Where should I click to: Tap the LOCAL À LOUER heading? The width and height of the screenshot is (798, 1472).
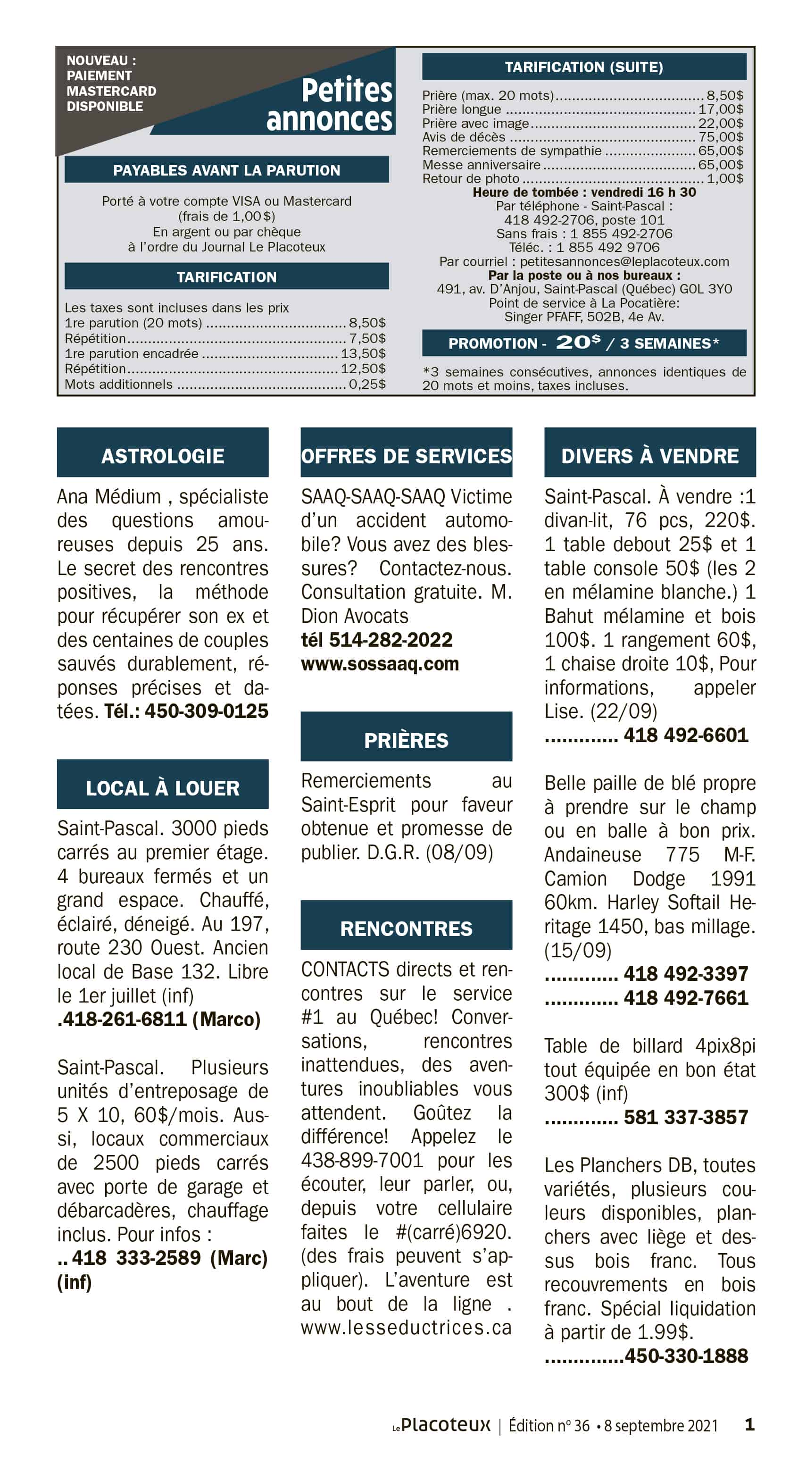click(x=163, y=787)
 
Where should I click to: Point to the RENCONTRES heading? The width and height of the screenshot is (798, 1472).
click(x=406, y=928)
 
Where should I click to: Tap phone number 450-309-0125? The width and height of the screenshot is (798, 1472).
click(x=206, y=711)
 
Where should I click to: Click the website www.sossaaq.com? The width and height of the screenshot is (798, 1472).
click(x=380, y=663)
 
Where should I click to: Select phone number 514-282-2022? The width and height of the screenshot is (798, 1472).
click(x=391, y=639)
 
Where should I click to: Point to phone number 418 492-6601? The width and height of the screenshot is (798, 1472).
click(x=685, y=735)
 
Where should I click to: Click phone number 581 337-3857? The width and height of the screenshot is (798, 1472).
click(x=685, y=1117)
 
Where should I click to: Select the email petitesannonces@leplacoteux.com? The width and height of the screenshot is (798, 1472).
click(x=624, y=262)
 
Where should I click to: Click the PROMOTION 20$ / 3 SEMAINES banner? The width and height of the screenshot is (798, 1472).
click(x=584, y=343)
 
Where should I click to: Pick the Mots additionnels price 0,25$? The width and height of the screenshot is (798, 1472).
click(x=367, y=384)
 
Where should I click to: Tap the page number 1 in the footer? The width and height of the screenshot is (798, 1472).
click(x=749, y=1424)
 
